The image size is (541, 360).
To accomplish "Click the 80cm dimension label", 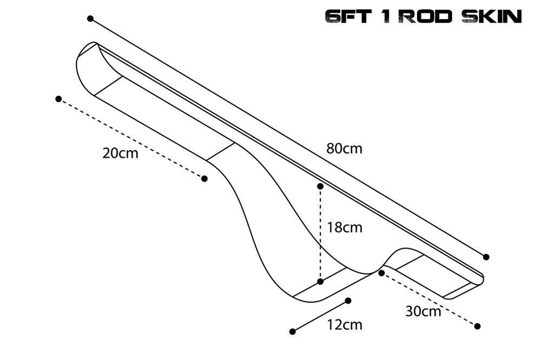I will [344, 148].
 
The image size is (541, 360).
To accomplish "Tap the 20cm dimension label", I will [120, 153].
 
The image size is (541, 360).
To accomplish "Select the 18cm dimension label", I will [344, 227].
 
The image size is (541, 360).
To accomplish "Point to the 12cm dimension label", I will [344, 324].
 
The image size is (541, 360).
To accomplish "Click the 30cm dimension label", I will [423, 311].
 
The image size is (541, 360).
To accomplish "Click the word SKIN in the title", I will [492, 17].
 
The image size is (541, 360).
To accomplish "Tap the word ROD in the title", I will [427, 17].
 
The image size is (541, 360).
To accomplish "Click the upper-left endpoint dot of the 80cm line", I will [90, 18].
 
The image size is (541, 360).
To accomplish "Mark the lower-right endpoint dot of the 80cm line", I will [486, 257].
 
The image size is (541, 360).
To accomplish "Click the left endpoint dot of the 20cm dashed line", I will [58, 99].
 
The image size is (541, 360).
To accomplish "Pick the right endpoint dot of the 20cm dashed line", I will [204, 178].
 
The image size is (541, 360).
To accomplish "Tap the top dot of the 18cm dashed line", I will [320, 186].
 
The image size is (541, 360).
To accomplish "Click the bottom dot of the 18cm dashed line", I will [320, 282].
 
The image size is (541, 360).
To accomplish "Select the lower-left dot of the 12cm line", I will [293, 331].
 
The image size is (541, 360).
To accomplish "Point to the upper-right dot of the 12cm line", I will [348, 301].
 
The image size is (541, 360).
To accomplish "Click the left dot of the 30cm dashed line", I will [381, 273].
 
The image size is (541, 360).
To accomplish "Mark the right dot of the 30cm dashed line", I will [477, 326].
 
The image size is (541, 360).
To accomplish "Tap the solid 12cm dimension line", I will [320, 316].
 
